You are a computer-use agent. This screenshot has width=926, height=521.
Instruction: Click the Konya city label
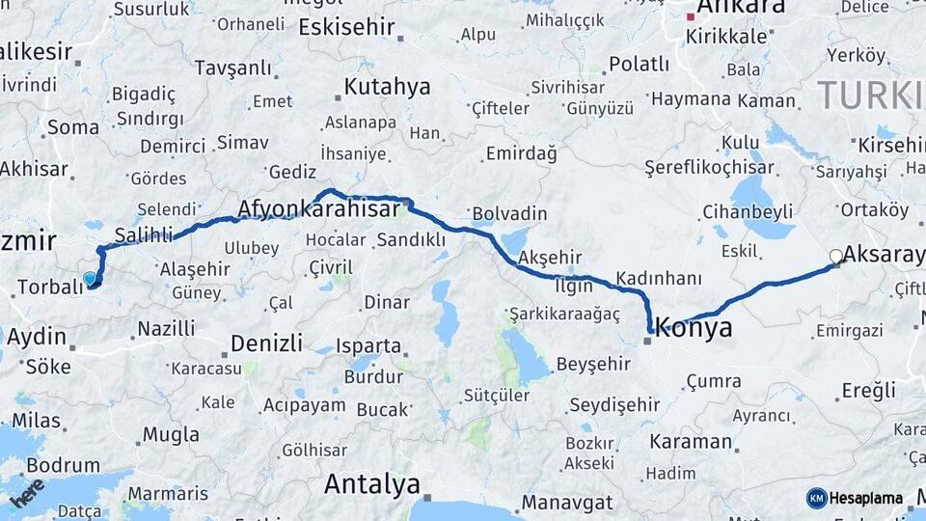coord(694,328)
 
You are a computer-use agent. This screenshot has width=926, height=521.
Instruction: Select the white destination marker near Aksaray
coord(836,256)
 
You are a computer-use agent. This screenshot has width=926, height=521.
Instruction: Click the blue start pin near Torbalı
coord(90,279)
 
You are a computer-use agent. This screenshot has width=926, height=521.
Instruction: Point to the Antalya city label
coord(372,483)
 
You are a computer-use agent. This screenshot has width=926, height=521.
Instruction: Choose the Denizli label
coord(266,343)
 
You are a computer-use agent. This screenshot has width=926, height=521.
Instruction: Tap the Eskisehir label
coord(346,27)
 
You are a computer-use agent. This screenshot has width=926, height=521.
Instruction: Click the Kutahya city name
coord(387,87)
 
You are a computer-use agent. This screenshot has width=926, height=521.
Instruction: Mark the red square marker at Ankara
coord(691,16)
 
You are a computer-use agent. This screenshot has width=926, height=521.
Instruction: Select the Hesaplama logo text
coord(865,499)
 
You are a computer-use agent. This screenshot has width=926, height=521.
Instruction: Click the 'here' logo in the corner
coord(27,493)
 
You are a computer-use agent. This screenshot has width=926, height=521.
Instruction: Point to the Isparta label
coord(368,344)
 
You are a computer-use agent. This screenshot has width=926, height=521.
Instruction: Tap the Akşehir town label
coord(551,257)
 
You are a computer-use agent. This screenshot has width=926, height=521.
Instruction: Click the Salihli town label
coord(143,234)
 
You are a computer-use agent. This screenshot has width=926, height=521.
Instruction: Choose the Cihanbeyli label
coord(747,211)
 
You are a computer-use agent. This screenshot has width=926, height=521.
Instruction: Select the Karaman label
coord(690,442)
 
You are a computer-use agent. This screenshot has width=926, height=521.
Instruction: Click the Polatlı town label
coord(639,65)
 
